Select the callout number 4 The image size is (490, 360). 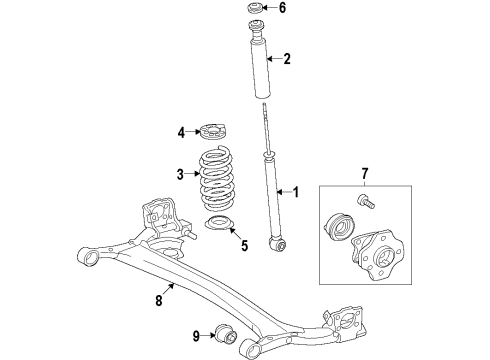181,131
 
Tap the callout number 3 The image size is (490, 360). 181,174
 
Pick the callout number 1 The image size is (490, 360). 293,191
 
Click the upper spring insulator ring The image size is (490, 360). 213,130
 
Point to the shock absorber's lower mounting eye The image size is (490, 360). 281,241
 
